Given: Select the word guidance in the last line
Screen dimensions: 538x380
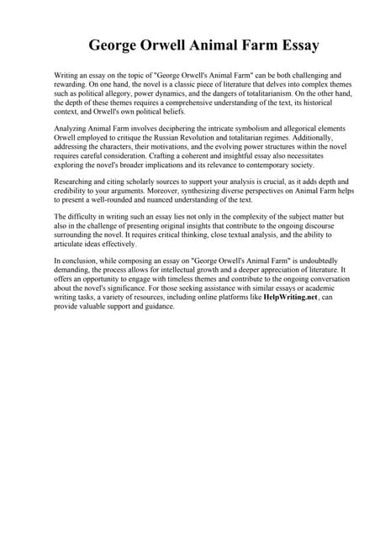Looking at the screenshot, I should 160,307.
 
